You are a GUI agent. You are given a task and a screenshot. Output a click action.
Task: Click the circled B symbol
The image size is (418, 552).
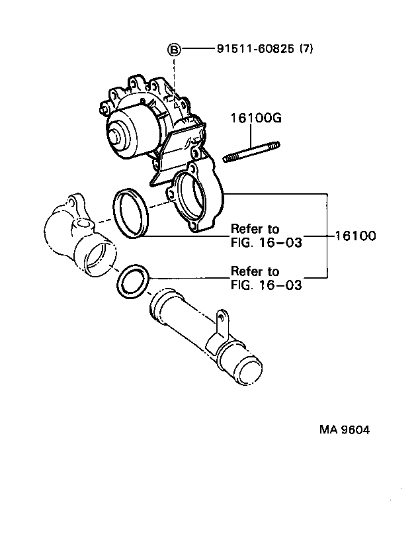tap(173, 49)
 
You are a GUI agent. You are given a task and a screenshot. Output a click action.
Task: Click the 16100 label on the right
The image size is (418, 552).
tap(355, 235)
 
